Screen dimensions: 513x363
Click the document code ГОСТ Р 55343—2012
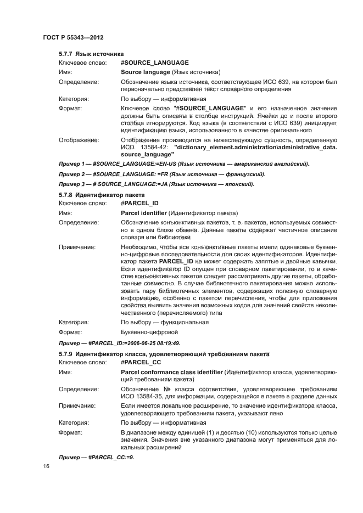(x=73, y=37)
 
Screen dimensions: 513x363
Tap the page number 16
(x=46, y=466)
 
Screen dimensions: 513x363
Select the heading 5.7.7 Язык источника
(x=91, y=54)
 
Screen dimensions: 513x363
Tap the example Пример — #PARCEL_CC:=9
(x=97, y=458)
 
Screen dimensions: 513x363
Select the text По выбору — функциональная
(x=164, y=323)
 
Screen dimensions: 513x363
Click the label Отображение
(x=79, y=140)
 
